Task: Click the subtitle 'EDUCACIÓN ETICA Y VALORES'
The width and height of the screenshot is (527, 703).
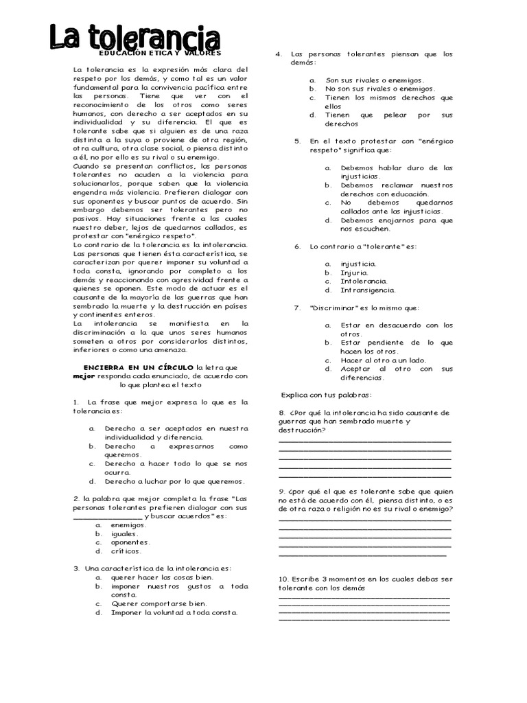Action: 161,52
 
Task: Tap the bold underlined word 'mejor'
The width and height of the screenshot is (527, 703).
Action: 83,376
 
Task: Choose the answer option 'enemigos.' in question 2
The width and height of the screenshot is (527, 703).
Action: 128,525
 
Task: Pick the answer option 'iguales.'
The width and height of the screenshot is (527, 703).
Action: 125,533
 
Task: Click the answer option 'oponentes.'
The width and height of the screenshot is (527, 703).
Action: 130,542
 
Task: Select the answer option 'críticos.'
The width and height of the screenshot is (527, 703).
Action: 126,551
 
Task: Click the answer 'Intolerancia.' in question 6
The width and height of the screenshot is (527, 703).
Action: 364,281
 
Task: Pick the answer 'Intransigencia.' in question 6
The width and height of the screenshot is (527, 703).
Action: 368,290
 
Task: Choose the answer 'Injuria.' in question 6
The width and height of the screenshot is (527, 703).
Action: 355,272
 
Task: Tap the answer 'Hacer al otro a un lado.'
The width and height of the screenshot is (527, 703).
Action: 384,360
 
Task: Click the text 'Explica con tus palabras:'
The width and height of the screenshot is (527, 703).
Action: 326,395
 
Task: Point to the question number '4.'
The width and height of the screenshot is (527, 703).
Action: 279,54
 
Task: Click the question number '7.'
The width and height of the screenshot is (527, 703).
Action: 298,308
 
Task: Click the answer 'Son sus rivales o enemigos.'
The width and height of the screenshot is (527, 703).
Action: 375,80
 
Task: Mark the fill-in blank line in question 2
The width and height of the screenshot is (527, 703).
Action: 108,516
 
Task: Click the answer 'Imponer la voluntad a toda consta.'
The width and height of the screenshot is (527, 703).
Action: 174,612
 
